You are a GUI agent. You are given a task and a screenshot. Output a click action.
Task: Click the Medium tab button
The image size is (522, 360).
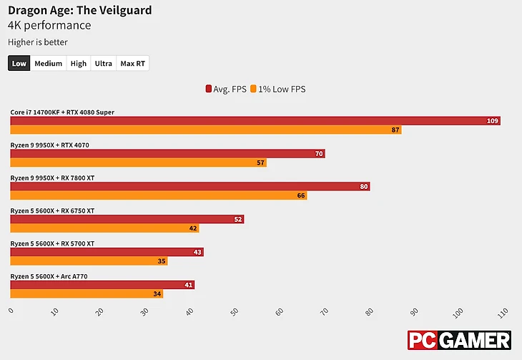[48, 64]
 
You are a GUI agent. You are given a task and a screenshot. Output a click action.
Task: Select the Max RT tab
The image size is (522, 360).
[132, 64]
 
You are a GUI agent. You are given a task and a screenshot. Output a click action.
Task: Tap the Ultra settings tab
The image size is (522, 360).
[103, 64]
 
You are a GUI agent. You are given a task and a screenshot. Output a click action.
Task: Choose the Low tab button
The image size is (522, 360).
[19, 64]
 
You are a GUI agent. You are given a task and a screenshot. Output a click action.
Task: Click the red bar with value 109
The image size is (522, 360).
[255, 121]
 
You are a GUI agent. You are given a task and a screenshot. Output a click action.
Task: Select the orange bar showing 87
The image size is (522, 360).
[205, 130]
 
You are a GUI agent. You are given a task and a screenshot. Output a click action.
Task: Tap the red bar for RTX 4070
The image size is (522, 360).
[167, 154]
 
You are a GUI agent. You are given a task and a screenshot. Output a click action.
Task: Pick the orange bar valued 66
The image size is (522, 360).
[158, 195]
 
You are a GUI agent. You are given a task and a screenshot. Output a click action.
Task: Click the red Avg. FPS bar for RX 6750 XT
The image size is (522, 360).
[127, 219]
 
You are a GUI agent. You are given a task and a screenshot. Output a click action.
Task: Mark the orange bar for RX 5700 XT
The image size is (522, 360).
[89, 261]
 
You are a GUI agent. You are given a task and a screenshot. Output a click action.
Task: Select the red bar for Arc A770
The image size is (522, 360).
[102, 285]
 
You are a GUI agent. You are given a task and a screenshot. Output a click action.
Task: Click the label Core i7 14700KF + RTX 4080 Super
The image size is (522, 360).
[62, 112]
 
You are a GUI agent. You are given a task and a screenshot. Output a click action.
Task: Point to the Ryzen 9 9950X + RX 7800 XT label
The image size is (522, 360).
[52, 177]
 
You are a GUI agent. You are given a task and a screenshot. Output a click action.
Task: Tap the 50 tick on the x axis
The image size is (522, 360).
[234, 312]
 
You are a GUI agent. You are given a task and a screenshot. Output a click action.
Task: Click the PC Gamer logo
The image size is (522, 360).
[459, 341]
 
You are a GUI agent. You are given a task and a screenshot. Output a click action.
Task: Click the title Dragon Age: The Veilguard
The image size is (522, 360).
[79, 11]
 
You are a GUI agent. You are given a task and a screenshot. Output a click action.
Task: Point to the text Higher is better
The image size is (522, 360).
[38, 42]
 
